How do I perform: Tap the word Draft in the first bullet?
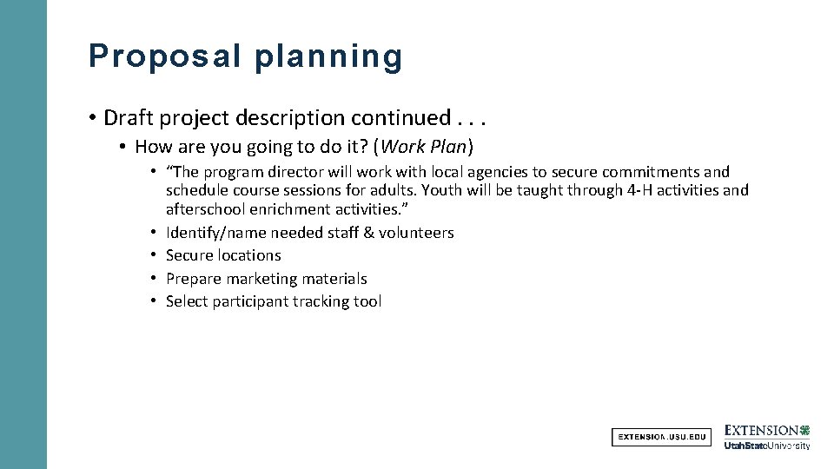[128, 117]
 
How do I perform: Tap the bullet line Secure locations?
[223, 255]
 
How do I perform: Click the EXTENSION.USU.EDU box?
[661, 437]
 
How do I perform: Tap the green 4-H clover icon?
[804, 430]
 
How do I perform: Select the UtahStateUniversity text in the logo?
[766, 446]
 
